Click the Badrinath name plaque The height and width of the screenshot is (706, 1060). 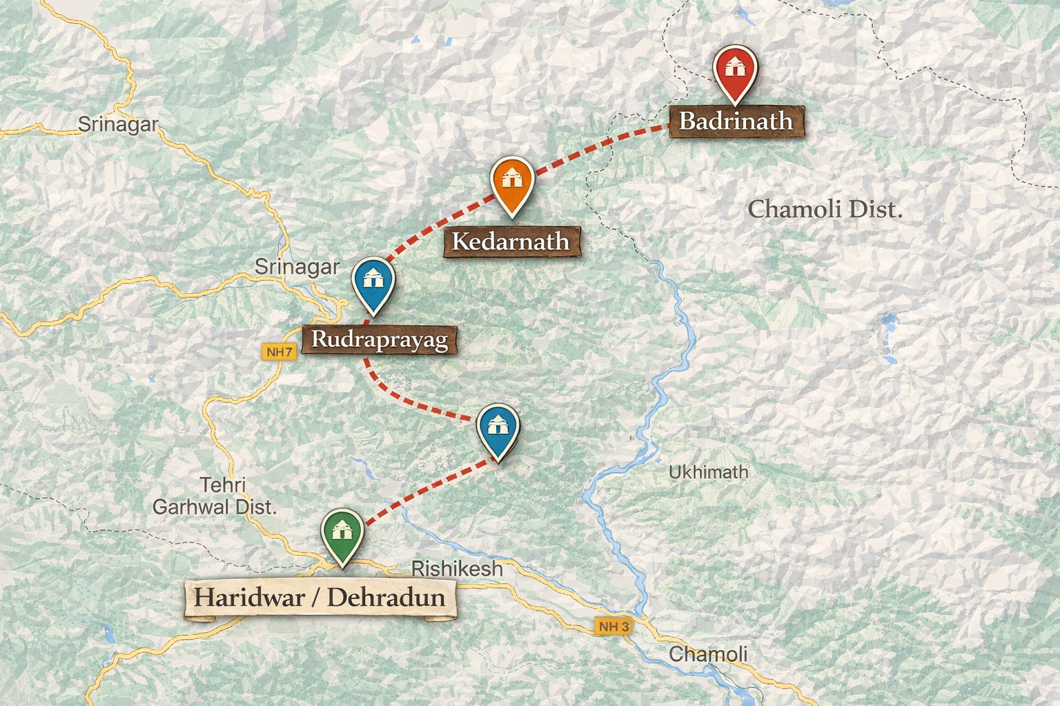736,121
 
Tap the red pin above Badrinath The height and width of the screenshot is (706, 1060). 736,71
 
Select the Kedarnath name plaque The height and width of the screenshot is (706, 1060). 511,241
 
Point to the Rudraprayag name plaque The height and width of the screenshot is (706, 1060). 380,339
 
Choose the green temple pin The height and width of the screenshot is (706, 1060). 342,533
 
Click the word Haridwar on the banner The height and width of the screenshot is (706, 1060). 249,597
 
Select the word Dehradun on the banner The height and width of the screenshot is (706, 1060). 386,597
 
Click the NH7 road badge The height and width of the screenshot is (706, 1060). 279,352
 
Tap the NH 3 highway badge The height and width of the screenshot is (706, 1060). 614,627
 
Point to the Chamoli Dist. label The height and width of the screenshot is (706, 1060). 825,209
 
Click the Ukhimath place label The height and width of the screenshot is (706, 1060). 708,472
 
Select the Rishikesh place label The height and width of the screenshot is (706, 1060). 457,569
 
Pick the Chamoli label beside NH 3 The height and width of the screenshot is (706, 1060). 708,654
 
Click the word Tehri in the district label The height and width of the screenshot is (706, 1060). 222,485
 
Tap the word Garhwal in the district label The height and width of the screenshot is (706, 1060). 191,507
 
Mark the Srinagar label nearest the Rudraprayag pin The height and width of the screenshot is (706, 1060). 297,267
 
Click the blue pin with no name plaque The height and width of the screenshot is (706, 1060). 498,427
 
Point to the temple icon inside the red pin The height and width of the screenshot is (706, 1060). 736,67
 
